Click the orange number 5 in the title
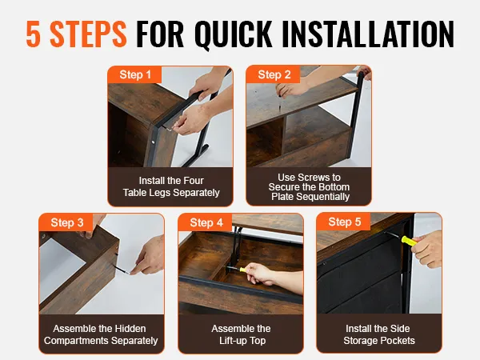coord(34,34)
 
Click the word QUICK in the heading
coord(234,34)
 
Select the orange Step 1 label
coord(135,74)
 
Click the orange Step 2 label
coord(274,74)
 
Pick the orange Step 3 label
coord(66,222)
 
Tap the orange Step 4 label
coord(206,222)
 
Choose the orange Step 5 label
coord(344,222)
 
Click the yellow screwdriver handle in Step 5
coord(410,241)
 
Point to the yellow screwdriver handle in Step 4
coord(243,270)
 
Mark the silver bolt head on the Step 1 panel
coord(153,142)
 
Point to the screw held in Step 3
coord(122,270)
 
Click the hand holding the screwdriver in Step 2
coord(290,90)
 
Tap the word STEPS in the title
coord(88,34)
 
